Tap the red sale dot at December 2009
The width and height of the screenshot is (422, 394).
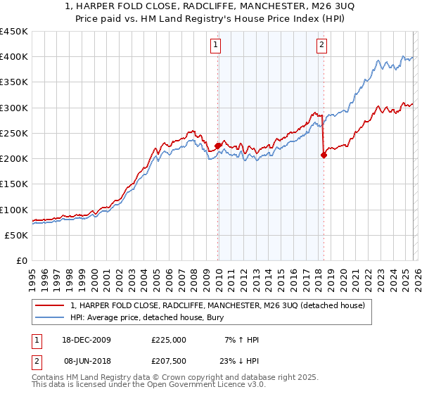[218, 146]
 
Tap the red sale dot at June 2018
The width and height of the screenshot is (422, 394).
[324, 155]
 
